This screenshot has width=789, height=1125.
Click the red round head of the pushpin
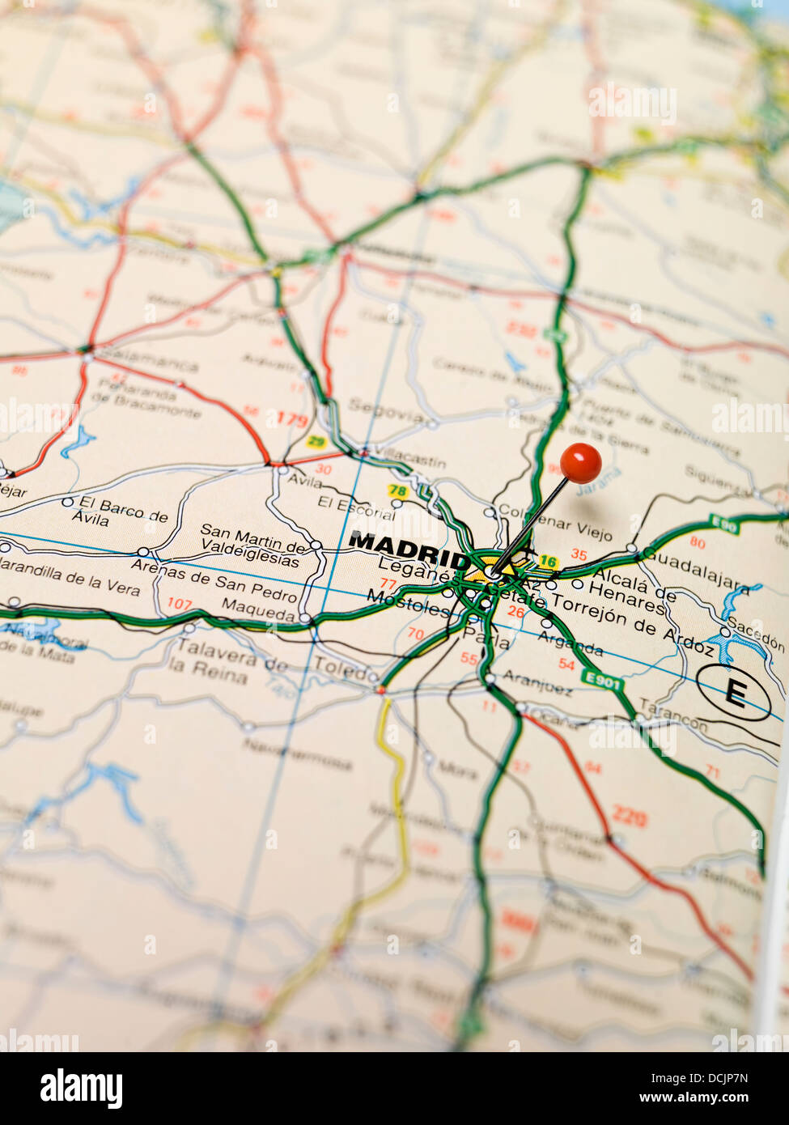coord(580,464)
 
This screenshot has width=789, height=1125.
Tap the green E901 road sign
coord(603,682)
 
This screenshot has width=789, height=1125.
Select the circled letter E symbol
coord(734,692)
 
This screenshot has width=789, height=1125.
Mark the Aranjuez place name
coord(537,682)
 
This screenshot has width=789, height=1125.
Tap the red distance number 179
coord(292,418)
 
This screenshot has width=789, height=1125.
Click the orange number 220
coord(629,817)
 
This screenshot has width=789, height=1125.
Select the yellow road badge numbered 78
coord(397,490)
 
